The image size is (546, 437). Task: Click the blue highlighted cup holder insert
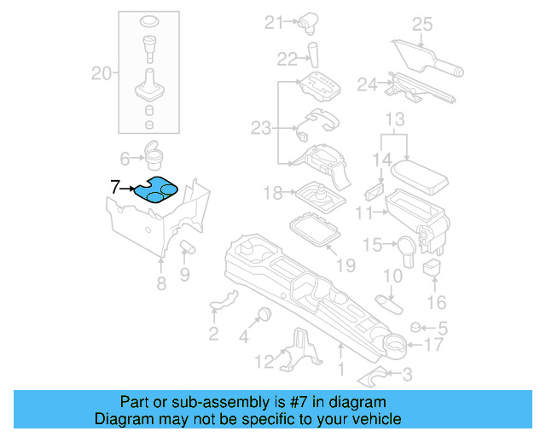156,190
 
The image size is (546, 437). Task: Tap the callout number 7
115,186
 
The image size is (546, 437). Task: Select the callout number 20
102,74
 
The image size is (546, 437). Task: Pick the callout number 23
260,128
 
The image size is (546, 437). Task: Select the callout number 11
364,212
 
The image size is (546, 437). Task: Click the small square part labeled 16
433,269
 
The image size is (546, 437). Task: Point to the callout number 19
345,265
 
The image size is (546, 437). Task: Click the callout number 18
272,194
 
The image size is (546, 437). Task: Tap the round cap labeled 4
264,312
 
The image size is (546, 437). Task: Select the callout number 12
265,361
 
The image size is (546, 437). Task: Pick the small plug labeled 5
415,327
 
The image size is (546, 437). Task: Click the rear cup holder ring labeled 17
394,345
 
